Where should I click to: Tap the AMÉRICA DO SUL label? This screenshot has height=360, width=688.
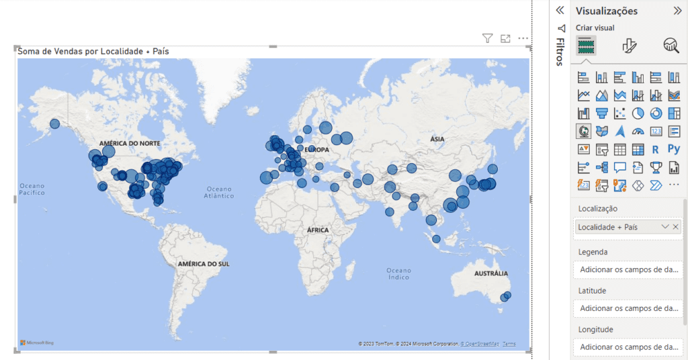204,264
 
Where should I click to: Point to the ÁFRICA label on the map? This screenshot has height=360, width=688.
318,230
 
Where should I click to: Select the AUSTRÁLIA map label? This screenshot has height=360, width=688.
491,274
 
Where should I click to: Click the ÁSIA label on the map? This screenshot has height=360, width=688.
437,139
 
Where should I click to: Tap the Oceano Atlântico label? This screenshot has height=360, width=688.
220,192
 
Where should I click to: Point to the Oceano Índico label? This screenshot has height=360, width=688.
398,273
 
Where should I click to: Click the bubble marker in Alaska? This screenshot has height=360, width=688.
55,124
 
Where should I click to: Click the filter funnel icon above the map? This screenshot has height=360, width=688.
488,39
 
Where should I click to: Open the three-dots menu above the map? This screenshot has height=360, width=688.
523,39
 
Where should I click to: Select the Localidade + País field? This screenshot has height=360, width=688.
608,227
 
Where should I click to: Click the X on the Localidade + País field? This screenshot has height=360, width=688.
675,227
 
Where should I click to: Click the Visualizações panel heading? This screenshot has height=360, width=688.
607,11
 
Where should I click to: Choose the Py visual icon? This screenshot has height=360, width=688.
674,149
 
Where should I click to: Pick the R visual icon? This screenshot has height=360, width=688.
655,149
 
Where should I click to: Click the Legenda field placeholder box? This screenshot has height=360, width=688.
629,270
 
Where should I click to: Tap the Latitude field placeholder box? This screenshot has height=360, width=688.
629,308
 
